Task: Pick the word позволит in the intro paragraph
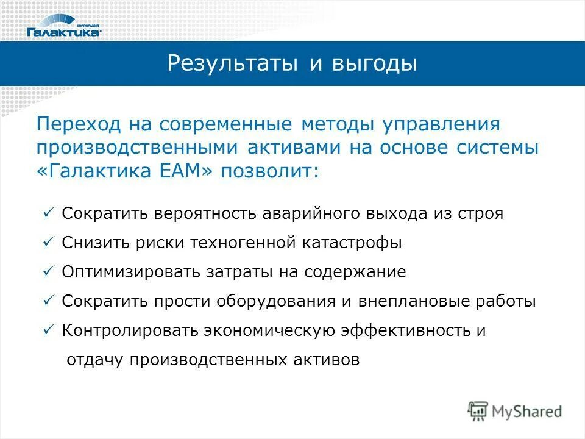click(x=269, y=171)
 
